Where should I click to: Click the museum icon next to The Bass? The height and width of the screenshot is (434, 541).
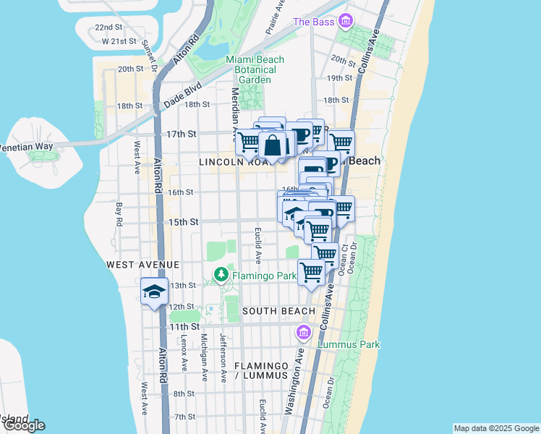[x=346, y=21]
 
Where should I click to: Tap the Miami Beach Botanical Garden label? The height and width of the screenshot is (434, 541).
[x=255, y=69]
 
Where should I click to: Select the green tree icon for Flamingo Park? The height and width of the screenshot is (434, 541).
[x=221, y=275]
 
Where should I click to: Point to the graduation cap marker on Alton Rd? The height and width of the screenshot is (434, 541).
[x=155, y=292]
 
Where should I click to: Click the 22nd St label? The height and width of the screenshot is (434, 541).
[x=108, y=27]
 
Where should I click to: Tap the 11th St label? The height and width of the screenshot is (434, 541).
[x=182, y=327]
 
